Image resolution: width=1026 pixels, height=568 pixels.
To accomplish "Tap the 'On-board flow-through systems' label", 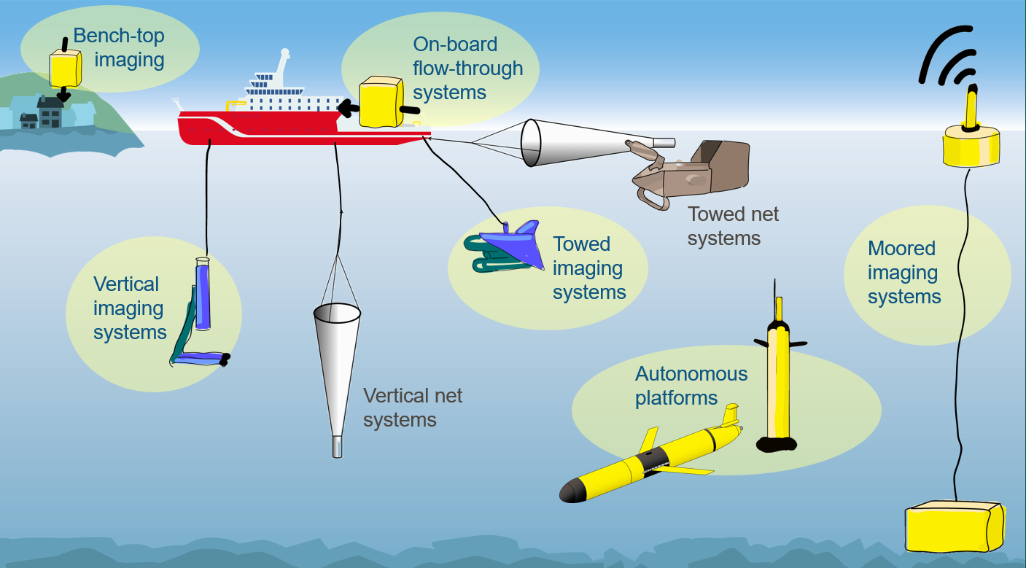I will click(467, 69).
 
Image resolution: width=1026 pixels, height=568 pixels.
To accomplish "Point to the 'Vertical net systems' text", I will click(412, 408).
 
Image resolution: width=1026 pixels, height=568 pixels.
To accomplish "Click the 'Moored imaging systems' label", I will click(903, 273).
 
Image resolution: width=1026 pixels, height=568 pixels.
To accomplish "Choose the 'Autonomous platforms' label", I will click(691, 386).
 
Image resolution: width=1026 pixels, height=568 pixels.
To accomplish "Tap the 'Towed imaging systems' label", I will click(588, 268).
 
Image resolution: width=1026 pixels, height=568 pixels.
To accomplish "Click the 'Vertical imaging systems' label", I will click(129, 308).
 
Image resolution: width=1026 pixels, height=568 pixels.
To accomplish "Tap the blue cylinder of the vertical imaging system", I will click(202, 295).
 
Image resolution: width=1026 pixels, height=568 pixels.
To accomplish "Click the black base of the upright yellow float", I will click(779, 443).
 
